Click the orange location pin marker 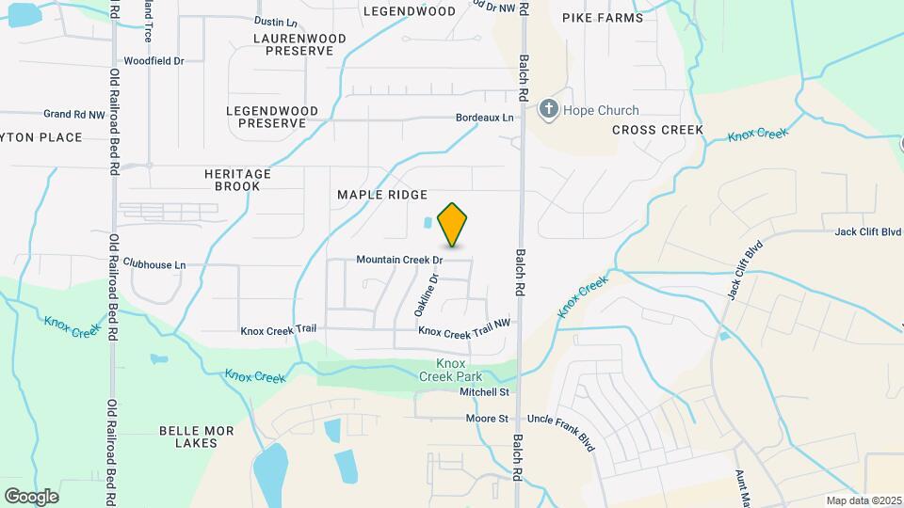(x=453, y=224)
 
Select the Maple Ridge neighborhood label (x=382, y=195)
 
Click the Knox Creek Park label (x=452, y=370)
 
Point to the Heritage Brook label (x=237, y=181)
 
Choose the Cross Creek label (x=658, y=130)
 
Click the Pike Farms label (x=603, y=18)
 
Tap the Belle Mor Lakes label (x=196, y=437)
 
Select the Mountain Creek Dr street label (x=399, y=260)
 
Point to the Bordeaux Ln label (x=485, y=118)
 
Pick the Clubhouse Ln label (x=154, y=265)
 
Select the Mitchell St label (x=484, y=391)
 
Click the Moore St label (x=487, y=419)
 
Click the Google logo (x=31, y=496)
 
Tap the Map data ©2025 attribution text (x=864, y=500)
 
